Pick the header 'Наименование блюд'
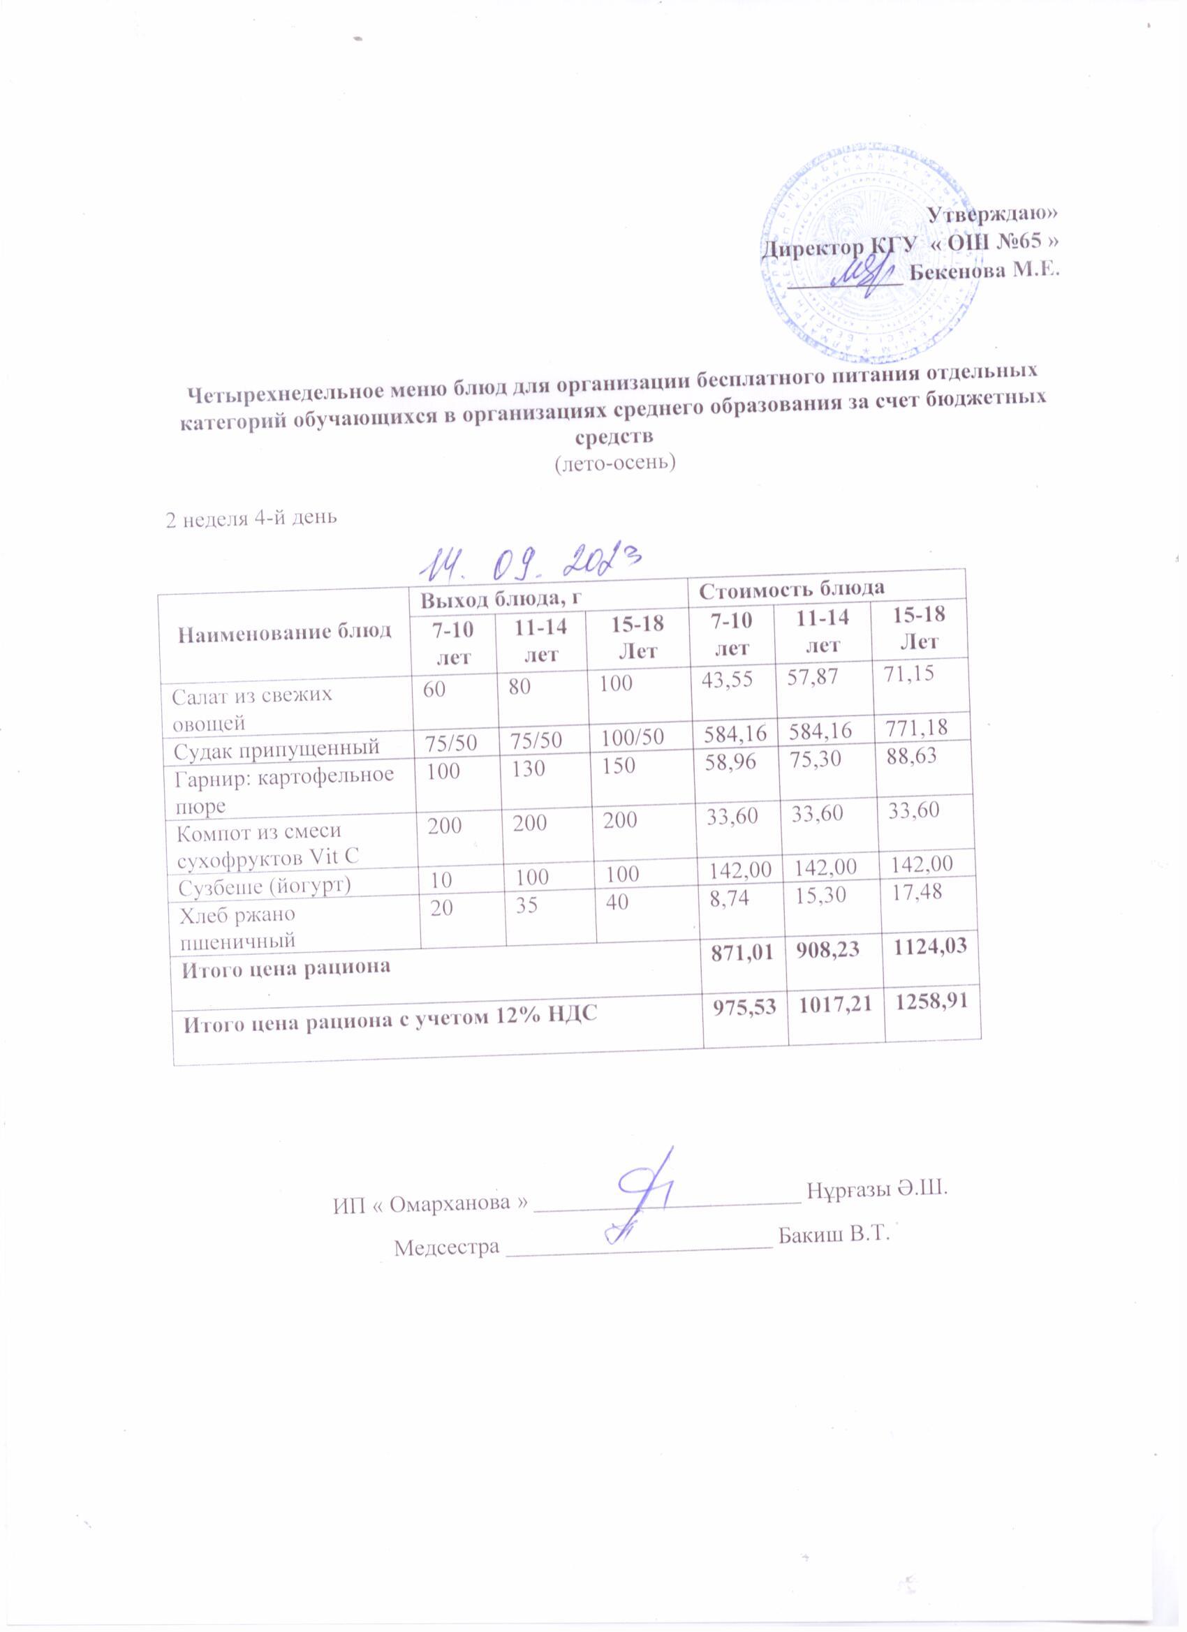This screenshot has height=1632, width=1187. pos(284,632)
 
